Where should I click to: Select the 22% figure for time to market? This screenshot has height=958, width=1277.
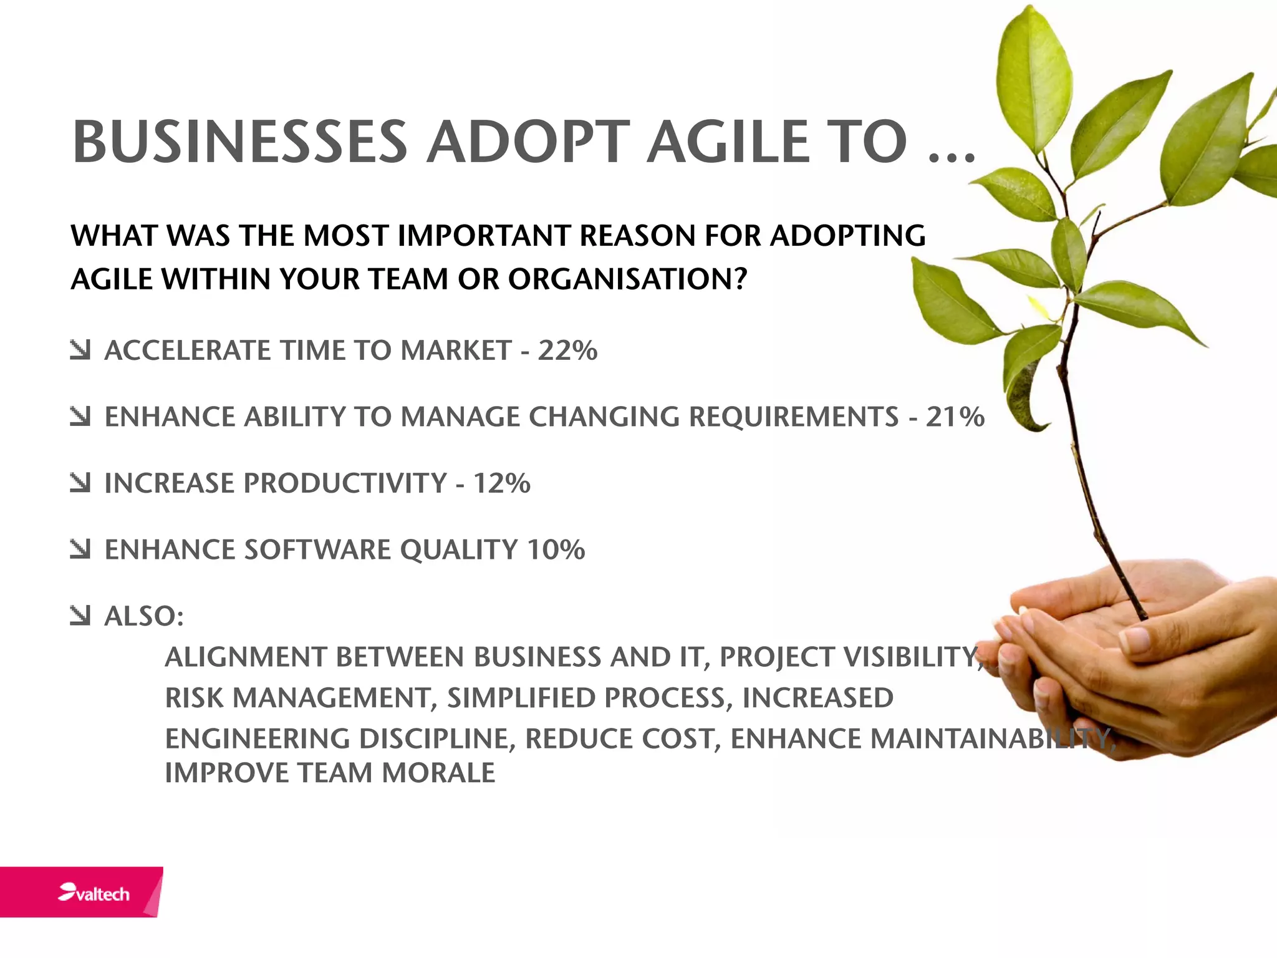(567, 351)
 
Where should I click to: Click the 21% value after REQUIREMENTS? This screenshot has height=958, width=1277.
(955, 417)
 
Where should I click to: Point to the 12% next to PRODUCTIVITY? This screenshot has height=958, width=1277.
(501, 483)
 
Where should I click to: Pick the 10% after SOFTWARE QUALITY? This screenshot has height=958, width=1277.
(556, 550)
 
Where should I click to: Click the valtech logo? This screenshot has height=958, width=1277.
(94, 893)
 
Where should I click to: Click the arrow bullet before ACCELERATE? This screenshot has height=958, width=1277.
(80, 350)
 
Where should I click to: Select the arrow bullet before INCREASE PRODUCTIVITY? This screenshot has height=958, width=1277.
(80, 483)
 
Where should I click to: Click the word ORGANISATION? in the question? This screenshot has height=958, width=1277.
(627, 279)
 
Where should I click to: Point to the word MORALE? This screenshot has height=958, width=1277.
(438, 773)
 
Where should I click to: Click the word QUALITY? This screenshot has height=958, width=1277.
(458, 550)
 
